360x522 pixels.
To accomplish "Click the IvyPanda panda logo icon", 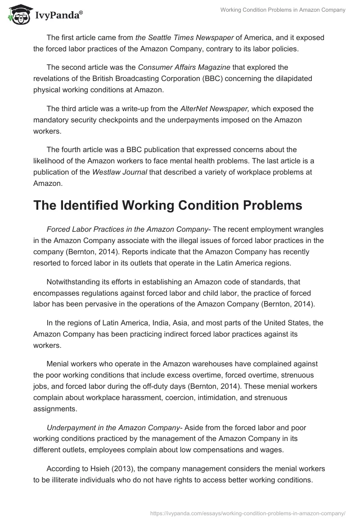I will tap(18, 14).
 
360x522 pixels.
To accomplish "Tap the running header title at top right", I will tap(283, 10).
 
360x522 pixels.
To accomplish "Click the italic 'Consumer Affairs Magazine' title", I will tap(184, 67).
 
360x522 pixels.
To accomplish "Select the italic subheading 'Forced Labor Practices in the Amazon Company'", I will tap(127, 230).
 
